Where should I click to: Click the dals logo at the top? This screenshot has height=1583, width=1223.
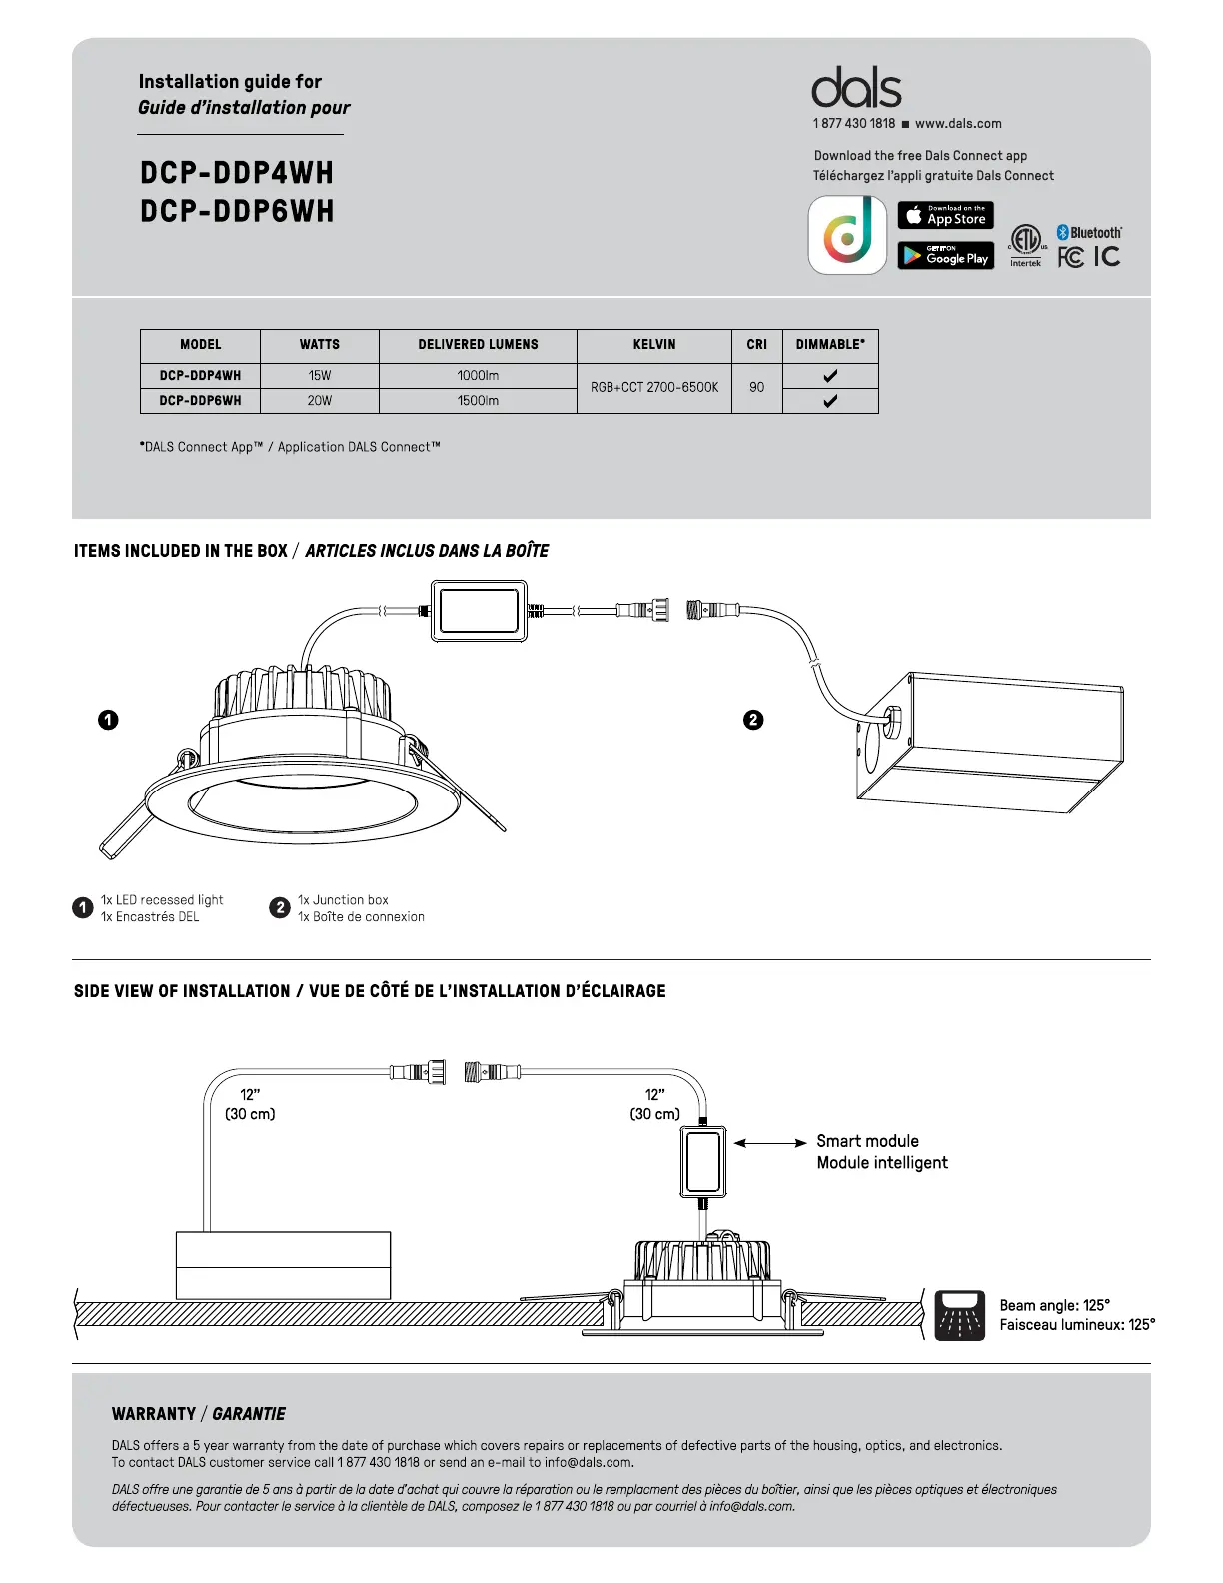(x=856, y=88)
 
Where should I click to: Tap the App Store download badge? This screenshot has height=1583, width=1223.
(x=945, y=215)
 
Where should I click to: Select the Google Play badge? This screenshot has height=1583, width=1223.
(x=945, y=256)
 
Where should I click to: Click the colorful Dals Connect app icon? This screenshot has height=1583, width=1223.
(x=847, y=235)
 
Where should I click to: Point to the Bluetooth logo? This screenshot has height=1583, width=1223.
(x=1090, y=232)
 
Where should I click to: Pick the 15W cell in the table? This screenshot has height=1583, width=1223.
(x=320, y=376)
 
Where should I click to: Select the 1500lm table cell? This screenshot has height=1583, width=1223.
(x=478, y=401)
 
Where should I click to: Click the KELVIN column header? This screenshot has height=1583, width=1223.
(x=654, y=344)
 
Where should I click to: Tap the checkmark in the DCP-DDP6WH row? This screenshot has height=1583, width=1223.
(x=830, y=401)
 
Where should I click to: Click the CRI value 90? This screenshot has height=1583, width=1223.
(x=756, y=388)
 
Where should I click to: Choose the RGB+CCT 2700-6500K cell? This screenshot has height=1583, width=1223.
(x=654, y=388)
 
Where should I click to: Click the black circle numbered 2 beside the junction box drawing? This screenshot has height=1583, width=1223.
(x=754, y=720)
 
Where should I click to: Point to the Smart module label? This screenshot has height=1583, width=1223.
(x=867, y=1141)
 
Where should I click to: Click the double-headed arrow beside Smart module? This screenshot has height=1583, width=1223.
(x=770, y=1142)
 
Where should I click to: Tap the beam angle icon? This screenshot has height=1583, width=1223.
(x=960, y=1314)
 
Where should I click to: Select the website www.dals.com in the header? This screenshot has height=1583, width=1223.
(x=958, y=124)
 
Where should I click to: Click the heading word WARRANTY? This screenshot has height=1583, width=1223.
(x=154, y=1414)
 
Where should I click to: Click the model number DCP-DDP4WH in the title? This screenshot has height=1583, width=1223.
(x=237, y=173)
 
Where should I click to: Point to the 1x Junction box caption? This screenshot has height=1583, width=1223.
(x=343, y=900)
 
